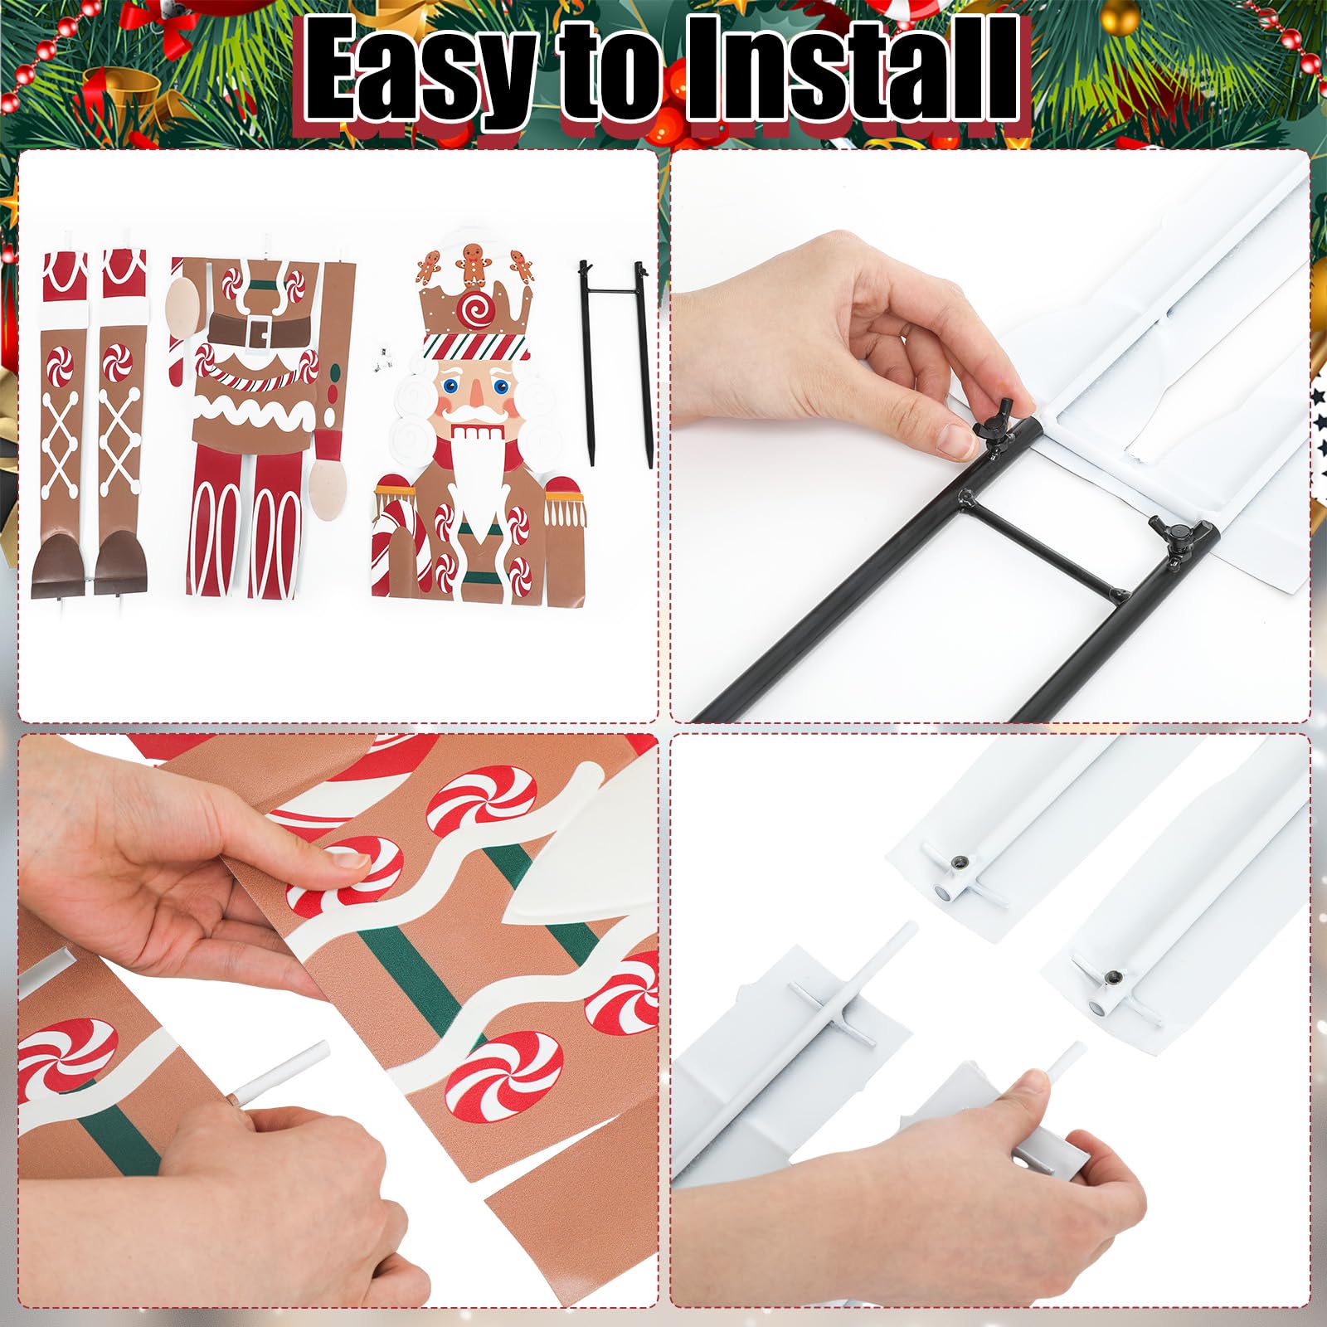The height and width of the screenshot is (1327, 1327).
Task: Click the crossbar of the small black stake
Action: click(x=613, y=290)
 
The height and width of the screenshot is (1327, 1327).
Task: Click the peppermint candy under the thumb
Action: click(x=348, y=871)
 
